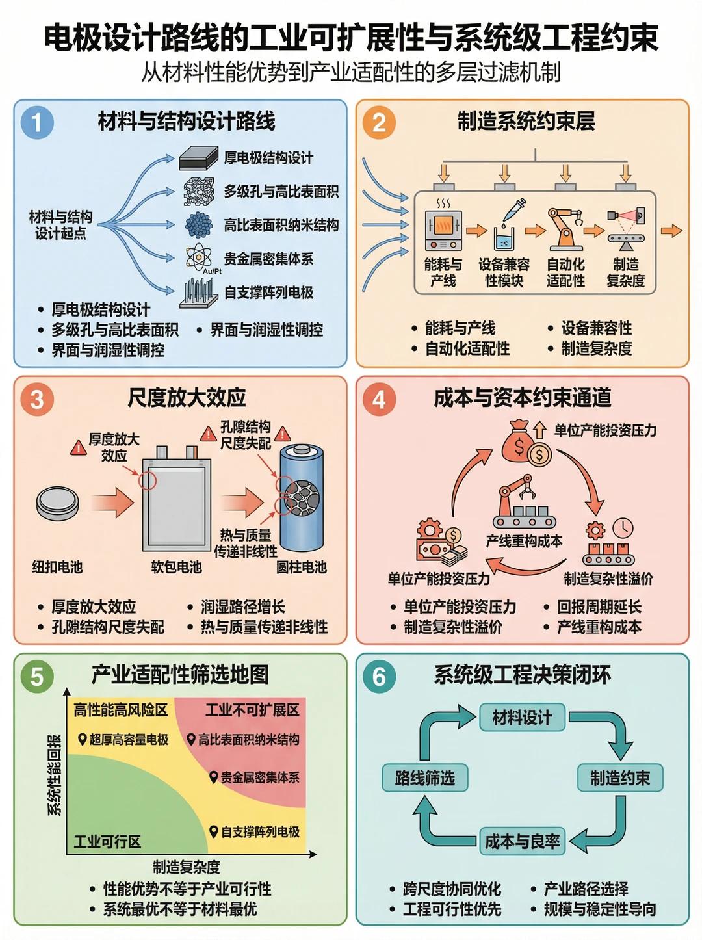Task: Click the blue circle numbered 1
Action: point(37,122)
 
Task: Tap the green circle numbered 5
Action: point(37,676)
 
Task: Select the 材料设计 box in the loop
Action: point(522,716)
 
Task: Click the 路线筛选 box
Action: point(424,777)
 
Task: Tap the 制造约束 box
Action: point(620,777)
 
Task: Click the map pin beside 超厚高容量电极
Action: point(83,739)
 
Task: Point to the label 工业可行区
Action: point(107,841)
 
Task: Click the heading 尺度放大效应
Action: point(187,398)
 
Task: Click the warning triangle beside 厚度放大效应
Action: point(79,448)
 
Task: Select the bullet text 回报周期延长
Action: point(599,607)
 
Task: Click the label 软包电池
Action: point(176,567)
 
